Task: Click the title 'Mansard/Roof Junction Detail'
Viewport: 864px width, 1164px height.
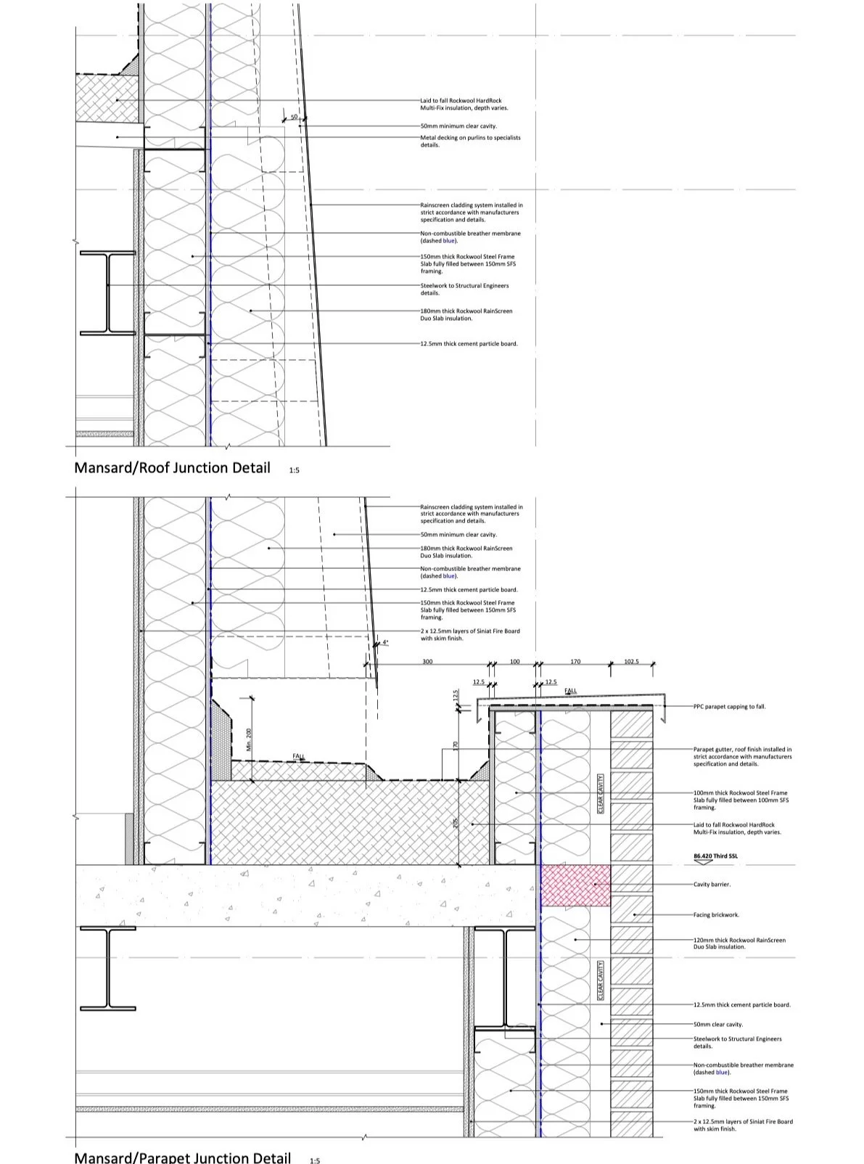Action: [172, 468]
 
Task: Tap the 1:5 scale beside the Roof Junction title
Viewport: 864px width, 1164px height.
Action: [294, 471]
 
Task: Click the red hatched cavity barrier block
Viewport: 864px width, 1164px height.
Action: [575, 885]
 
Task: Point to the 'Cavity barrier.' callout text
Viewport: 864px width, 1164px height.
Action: [712, 885]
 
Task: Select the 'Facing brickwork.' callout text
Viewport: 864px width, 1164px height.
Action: [716, 915]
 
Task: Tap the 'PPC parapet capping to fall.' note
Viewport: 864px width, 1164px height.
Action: [729, 706]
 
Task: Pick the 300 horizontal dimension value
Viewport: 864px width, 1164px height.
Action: [427, 662]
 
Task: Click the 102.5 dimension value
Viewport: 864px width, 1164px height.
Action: [631, 662]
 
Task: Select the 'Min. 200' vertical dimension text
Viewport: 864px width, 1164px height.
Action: [248, 739]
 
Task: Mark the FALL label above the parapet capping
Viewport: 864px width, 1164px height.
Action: [571, 691]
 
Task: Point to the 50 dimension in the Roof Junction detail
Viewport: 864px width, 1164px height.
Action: [294, 117]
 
